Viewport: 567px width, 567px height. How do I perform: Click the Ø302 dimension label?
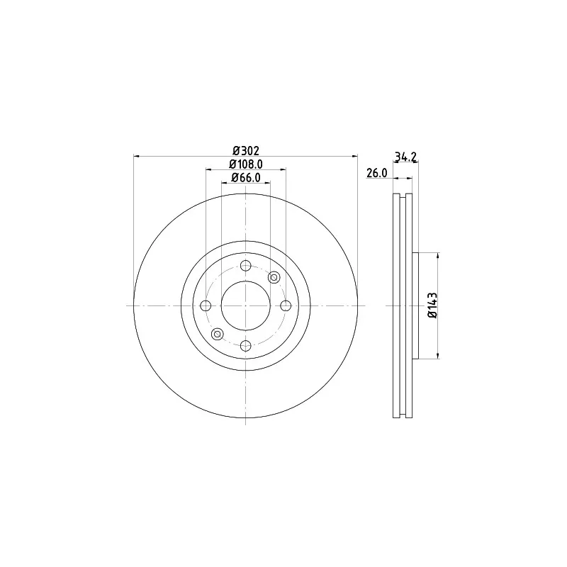pyautogui.click(x=246, y=150)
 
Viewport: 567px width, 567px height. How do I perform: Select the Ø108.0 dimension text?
pyautogui.click(x=246, y=164)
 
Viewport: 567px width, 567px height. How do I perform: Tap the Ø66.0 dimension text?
pyautogui.click(x=246, y=178)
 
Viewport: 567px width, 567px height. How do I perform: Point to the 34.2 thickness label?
pyautogui.click(x=405, y=157)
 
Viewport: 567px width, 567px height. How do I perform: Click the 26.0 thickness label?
pyautogui.click(x=377, y=173)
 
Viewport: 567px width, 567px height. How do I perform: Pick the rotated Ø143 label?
pyautogui.click(x=432, y=305)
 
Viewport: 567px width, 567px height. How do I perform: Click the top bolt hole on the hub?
pyautogui.click(x=245, y=266)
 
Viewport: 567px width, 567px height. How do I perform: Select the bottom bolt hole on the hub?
pyautogui.click(x=245, y=346)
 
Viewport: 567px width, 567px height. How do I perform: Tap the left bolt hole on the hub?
pyautogui.click(x=206, y=306)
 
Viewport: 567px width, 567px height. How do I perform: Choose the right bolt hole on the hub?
pyautogui.click(x=286, y=306)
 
